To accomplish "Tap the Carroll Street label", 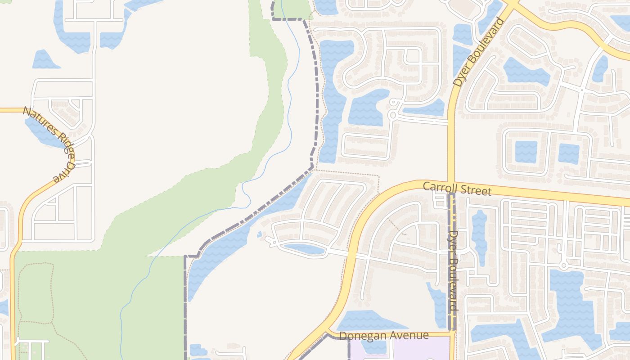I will [457, 188].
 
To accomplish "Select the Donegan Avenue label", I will [384, 336].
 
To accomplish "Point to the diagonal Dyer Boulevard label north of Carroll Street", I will [478, 52].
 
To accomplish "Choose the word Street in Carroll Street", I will [477, 190].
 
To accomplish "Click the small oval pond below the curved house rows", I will [304, 248].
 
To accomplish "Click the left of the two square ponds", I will [526, 152].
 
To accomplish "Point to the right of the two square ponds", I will [568, 153].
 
